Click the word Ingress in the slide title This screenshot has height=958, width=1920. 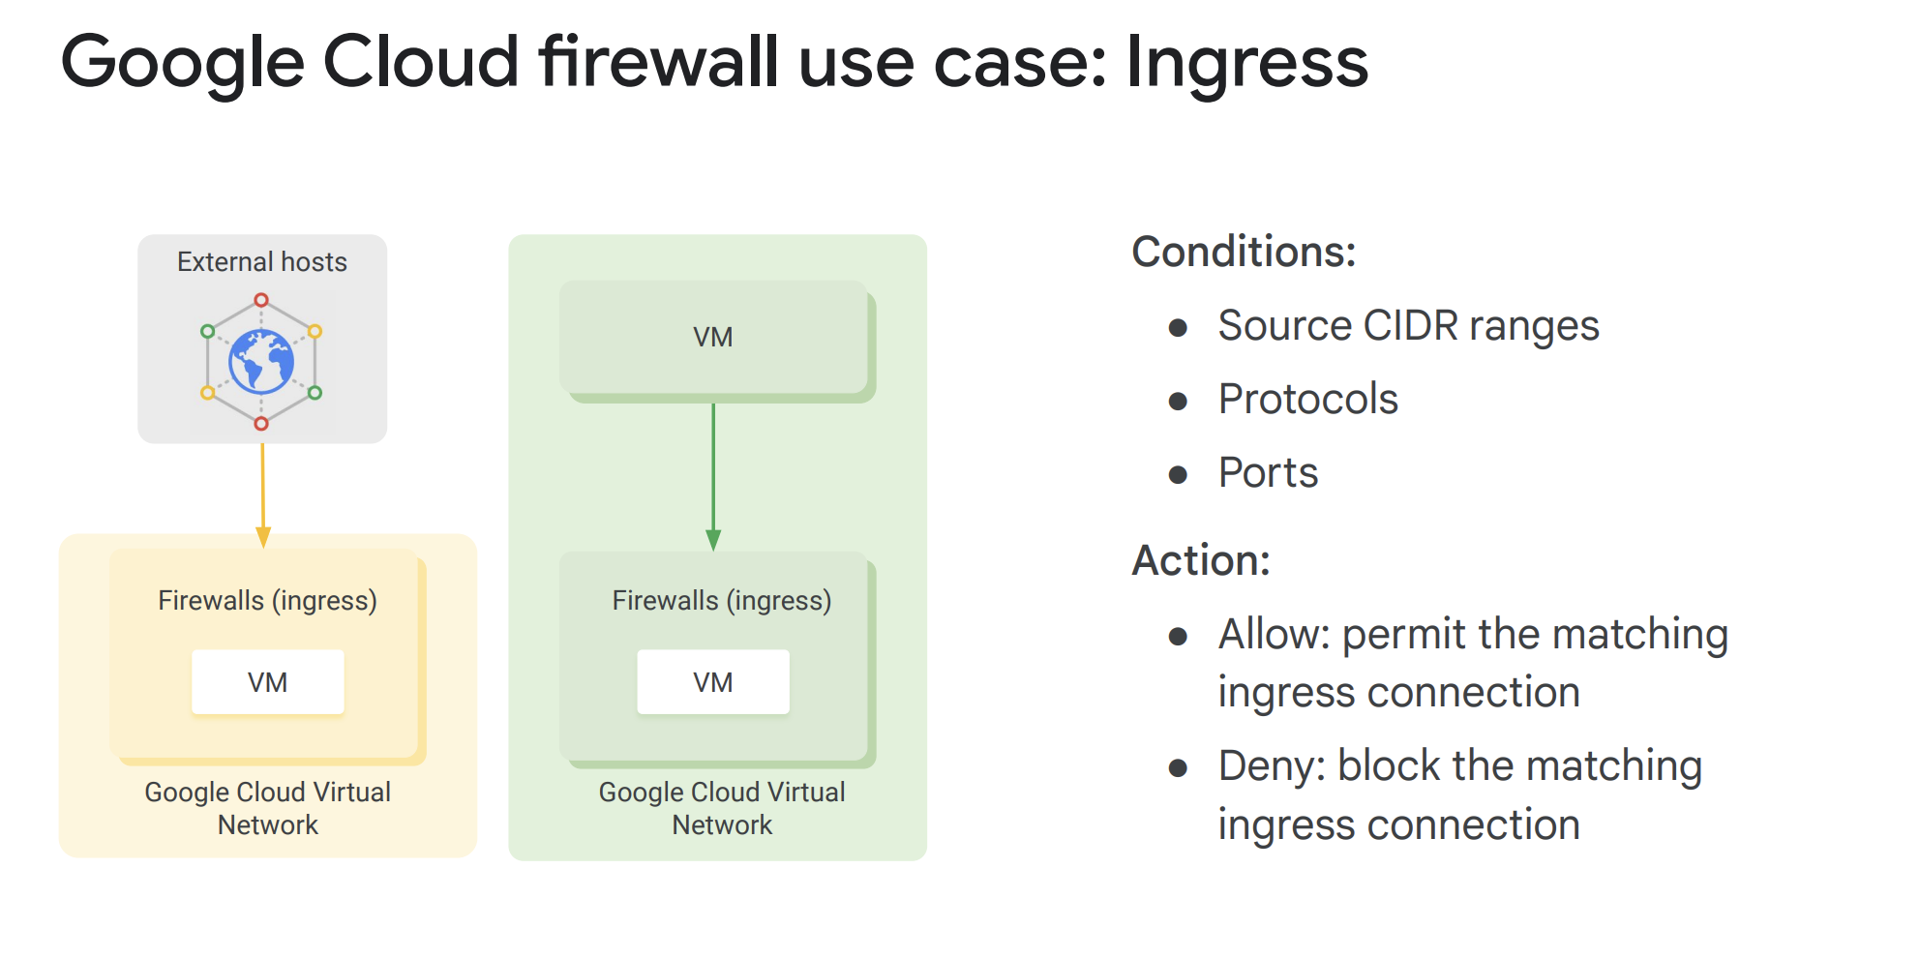coord(1246,63)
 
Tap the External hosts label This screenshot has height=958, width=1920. coord(261,262)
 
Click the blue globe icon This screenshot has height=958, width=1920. coord(261,362)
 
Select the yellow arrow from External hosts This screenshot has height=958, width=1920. coord(262,489)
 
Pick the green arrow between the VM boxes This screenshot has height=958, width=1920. coord(713,474)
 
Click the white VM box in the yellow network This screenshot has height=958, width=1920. coord(268,682)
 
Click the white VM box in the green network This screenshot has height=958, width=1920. coord(713,682)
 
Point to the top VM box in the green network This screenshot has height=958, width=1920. coord(713,338)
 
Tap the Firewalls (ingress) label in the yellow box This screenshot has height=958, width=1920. coord(267,601)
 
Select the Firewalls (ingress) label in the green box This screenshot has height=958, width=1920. coord(722,601)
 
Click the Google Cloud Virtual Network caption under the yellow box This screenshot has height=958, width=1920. coord(268,808)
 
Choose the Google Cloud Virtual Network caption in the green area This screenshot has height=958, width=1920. coord(722,808)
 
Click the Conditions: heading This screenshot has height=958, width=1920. coord(1244,252)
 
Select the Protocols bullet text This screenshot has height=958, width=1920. coord(1307,400)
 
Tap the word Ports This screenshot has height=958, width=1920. coord(1268,473)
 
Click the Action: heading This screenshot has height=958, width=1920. coord(1201,560)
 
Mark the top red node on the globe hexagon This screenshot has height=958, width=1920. coord(261,300)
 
